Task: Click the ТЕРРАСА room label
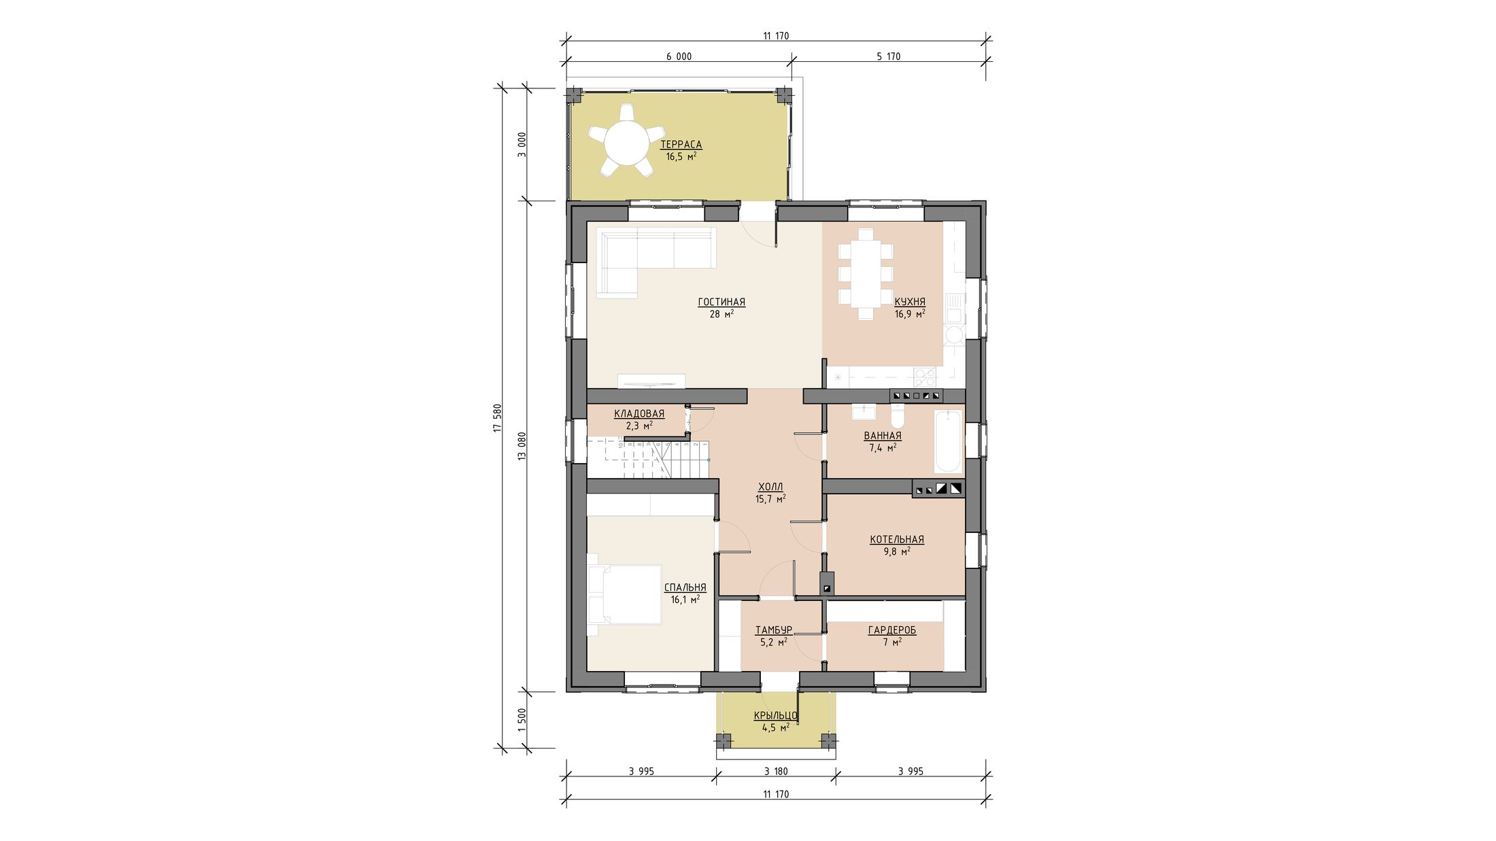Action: [681, 145]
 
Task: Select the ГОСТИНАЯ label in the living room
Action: [721, 302]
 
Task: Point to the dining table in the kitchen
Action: [866, 274]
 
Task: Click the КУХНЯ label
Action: [910, 302]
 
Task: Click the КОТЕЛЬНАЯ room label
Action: [897, 540]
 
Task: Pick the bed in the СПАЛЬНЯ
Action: [625, 594]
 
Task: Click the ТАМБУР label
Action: [773, 630]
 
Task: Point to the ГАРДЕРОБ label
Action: [892, 630]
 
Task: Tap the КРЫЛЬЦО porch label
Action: [775, 715]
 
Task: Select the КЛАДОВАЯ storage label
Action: [639, 413]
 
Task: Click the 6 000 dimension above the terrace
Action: [679, 56]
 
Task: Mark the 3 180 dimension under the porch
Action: [776, 772]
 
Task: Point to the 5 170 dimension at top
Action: [888, 56]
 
